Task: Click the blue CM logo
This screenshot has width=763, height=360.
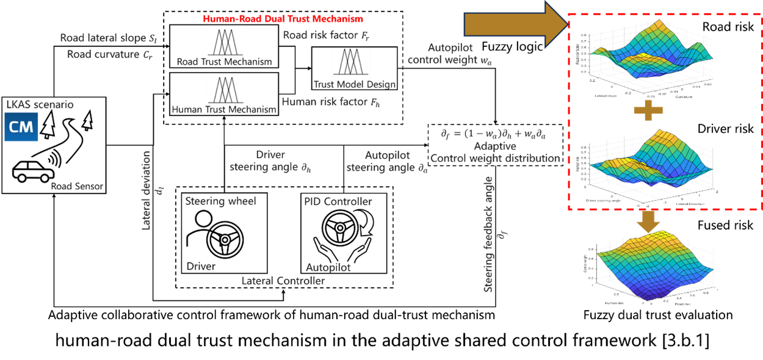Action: coord(21,127)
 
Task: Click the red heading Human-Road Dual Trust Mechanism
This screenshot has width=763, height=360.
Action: coord(283,19)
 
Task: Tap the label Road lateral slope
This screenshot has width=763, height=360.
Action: coord(108,38)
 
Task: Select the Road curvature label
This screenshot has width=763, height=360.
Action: coord(110,54)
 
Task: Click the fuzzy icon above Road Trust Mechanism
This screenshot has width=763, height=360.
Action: coord(226,42)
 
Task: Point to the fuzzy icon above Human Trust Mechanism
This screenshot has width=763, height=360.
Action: coord(226,89)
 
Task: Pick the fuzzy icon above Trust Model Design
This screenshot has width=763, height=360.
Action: coord(350,63)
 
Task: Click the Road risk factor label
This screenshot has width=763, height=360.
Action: coord(327,35)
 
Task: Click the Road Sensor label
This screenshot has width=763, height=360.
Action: coord(77,186)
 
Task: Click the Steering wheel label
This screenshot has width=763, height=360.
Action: coord(220,201)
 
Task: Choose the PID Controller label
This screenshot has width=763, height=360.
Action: coord(338,201)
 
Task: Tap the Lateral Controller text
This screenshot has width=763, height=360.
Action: coord(283,281)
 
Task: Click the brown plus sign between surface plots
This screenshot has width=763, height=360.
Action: coord(648,111)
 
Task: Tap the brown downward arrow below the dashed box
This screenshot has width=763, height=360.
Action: coord(648,221)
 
